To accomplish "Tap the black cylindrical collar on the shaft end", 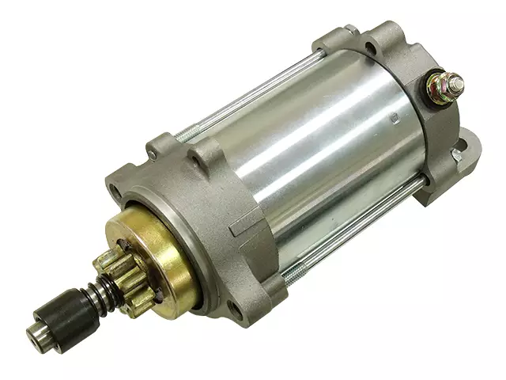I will (63, 313).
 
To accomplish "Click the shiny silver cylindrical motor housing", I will (316, 150).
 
